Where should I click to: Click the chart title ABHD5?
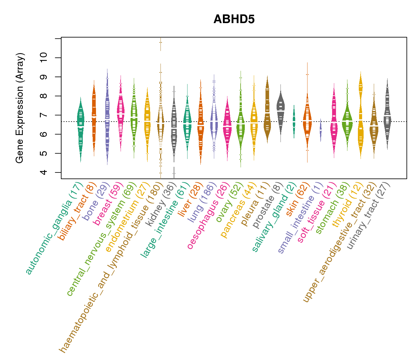click(234, 19)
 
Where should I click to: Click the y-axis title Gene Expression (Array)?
click(20, 108)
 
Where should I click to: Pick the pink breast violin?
click(121, 114)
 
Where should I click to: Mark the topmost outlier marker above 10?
click(160, 42)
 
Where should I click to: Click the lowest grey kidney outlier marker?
click(174, 173)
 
